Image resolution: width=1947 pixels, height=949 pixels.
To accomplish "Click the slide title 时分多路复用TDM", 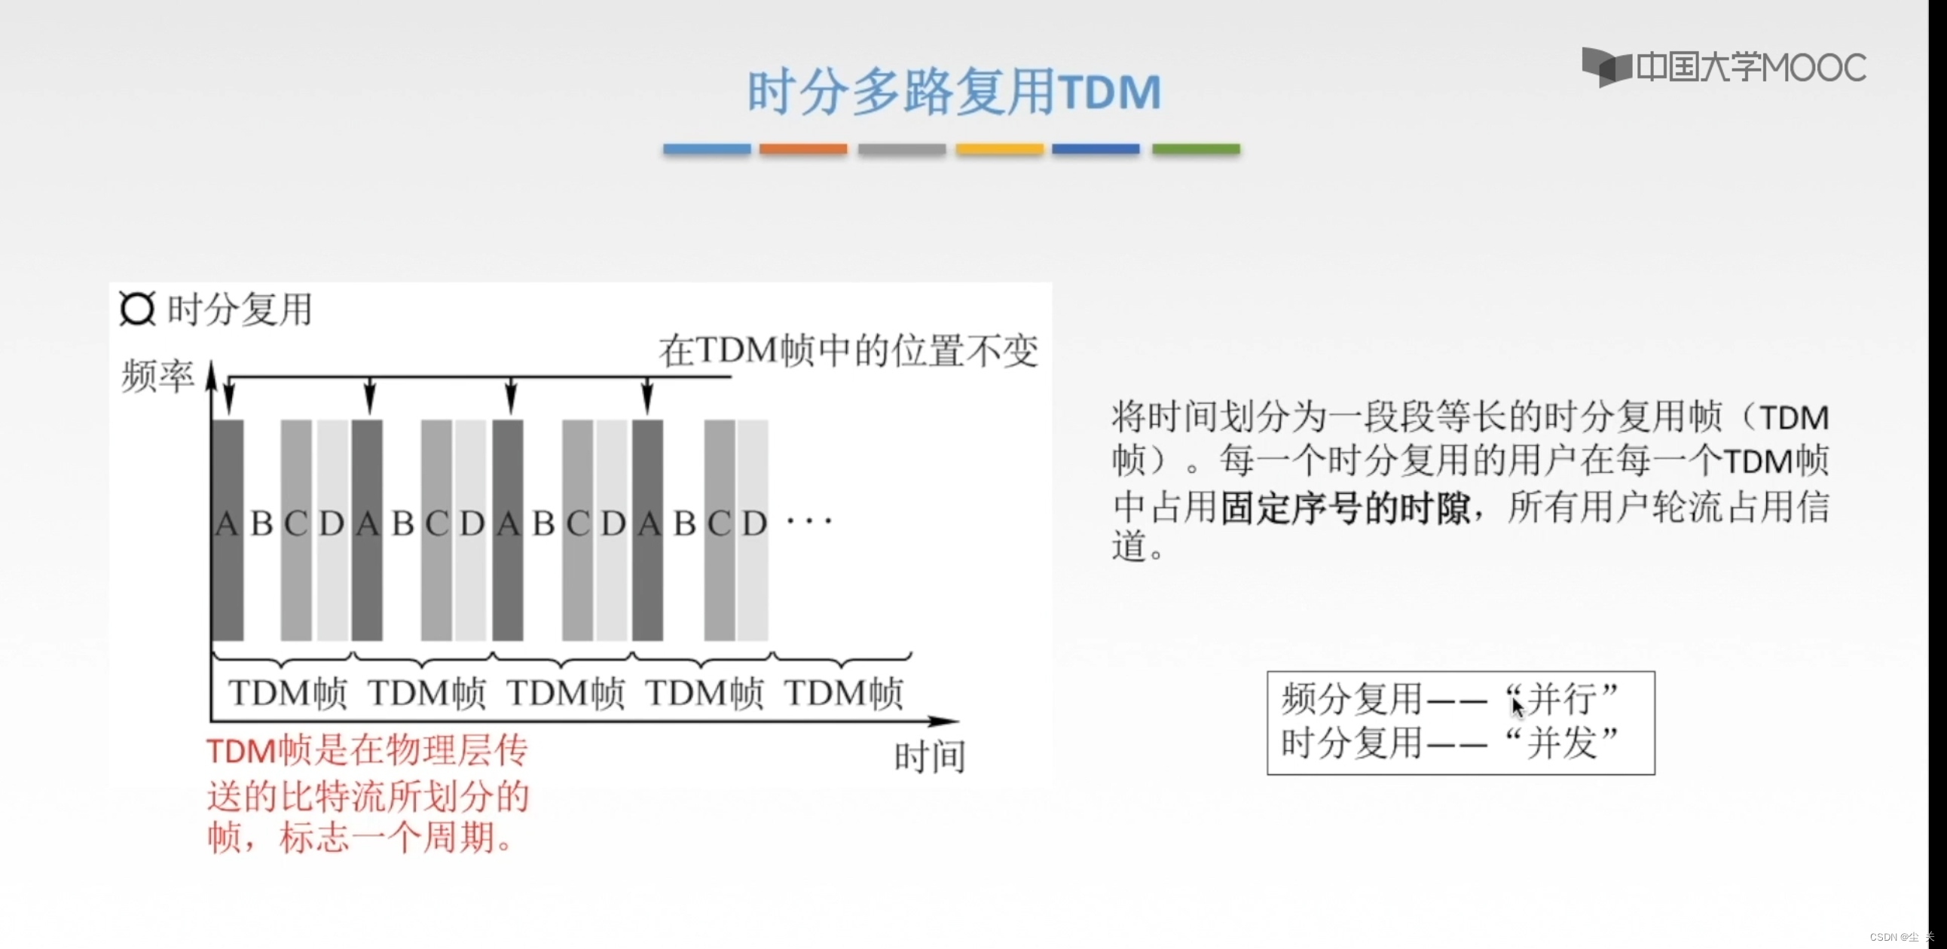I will point(954,91).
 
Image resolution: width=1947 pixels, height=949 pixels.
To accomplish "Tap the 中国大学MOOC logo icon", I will point(1606,67).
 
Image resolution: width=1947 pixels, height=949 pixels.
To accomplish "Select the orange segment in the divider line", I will point(802,149).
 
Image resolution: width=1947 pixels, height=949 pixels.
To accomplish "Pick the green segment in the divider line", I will point(1196,149).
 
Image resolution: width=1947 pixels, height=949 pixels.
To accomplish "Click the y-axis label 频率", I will point(157,376).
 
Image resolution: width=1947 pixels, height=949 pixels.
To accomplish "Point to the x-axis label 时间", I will point(930,757).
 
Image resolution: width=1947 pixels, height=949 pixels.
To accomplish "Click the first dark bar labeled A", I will point(228,529).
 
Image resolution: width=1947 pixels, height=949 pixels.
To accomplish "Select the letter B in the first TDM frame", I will point(261,523).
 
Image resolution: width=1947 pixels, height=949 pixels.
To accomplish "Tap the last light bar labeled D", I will point(753,529).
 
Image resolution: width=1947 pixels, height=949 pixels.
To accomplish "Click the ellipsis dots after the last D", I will point(808,520).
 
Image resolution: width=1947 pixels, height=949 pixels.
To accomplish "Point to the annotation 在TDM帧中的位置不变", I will point(848,350).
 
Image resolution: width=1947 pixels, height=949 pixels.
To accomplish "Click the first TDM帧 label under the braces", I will point(287,693).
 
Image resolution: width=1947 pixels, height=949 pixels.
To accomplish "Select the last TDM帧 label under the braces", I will point(843,693).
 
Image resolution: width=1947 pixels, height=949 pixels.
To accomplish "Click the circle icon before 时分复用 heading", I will point(138,308).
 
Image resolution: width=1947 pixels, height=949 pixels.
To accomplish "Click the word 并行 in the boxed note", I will point(1561,699).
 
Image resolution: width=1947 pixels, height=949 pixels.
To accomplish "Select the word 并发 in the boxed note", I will point(1561,743).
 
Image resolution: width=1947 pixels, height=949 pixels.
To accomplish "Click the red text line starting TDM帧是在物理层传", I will point(368,751).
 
